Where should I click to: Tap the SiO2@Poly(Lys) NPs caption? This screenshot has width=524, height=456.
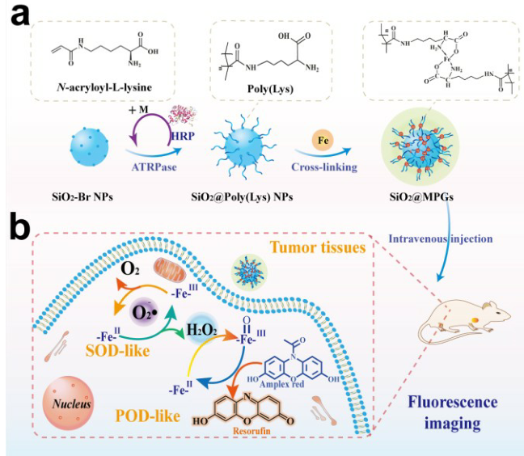click(x=242, y=199)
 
